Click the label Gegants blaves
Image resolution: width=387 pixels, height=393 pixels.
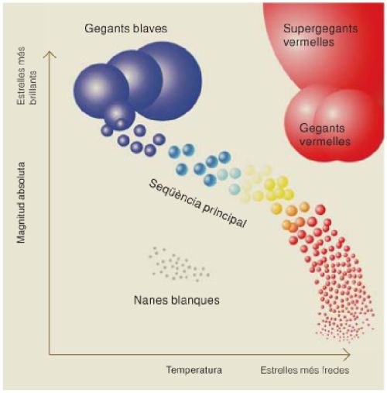125,29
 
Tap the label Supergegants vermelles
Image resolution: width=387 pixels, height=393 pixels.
320,36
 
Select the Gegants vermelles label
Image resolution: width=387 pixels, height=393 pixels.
324,135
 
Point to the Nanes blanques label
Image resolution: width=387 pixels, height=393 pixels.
176,300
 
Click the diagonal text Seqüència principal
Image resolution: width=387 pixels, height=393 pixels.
197,204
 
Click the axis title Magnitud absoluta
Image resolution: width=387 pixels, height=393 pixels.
21,202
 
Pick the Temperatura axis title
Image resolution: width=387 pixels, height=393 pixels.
194,370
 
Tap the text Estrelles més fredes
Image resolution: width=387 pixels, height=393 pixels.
305,370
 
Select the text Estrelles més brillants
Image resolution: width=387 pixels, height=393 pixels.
27,76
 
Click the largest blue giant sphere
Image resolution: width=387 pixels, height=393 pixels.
169,81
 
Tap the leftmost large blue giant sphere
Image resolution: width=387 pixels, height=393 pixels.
101,91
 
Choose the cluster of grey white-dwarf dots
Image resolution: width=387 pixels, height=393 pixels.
180,264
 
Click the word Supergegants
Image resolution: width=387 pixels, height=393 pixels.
320,29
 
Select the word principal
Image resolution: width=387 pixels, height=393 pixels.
224,215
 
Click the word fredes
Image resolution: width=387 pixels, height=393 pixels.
335,370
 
